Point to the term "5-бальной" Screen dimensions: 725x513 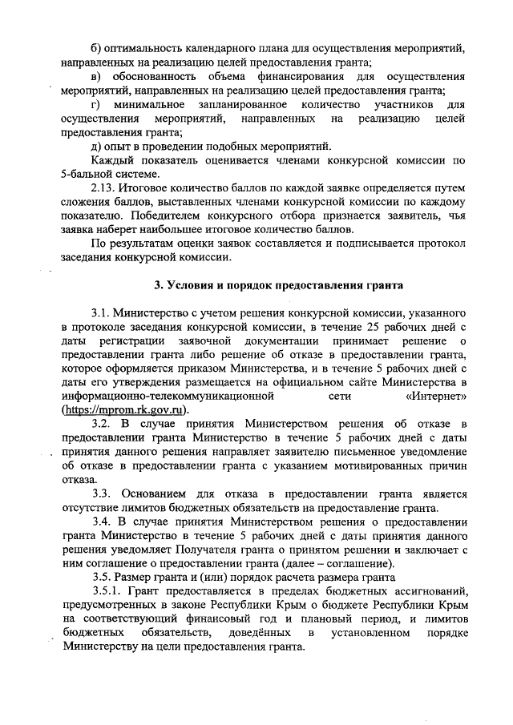91,174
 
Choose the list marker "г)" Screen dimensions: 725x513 96,104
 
